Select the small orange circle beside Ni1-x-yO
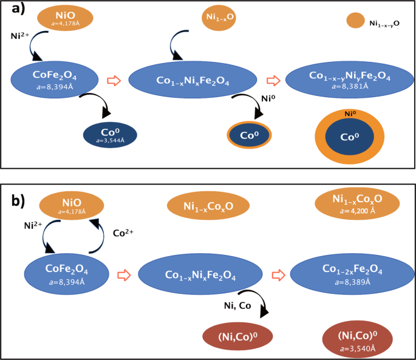355,21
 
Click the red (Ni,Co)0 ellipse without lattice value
237,336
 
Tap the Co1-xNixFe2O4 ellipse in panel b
201,274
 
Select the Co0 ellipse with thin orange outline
249,135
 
